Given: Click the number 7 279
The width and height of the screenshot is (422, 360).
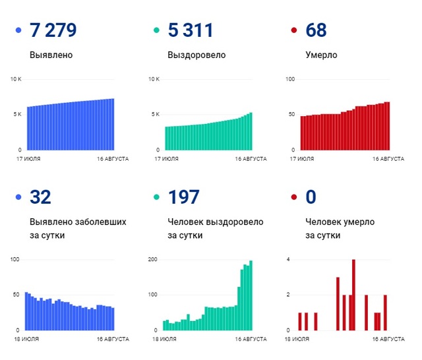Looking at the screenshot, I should point(53,30).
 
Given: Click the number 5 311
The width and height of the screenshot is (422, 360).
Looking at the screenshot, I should point(191,30).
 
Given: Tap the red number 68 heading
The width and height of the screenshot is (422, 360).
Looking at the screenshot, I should point(316,30).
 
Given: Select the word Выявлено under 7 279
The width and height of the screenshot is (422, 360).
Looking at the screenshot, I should point(51,55).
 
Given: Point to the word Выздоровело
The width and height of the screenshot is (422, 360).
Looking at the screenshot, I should point(196,55).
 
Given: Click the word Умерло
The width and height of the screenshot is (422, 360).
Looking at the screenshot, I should point(322,55).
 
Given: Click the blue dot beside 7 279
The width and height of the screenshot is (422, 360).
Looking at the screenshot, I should point(18,31).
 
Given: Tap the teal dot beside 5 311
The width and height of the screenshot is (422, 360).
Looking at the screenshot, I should point(156,31).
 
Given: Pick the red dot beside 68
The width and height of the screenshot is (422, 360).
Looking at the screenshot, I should point(294,31).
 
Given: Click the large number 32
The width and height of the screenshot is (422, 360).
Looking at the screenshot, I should point(41,197).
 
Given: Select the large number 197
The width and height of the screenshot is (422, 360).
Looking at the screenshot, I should point(185,197).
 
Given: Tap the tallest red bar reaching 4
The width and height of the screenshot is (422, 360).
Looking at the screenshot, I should point(353,294).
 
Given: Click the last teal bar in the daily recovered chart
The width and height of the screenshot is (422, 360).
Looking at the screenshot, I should point(251,295).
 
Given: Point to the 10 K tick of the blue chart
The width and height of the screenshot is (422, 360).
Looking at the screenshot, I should point(16,80).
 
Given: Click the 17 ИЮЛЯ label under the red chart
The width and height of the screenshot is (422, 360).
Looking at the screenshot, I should point(307,159).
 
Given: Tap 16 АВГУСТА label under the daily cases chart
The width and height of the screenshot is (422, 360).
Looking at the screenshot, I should point(113,339).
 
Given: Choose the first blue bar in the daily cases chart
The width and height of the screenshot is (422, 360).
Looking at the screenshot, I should point(26,311).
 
